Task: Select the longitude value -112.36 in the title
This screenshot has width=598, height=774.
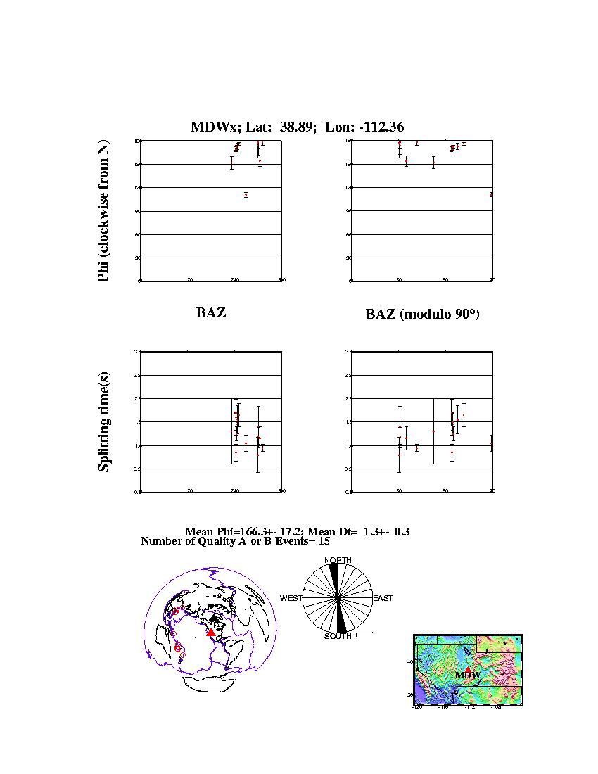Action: (378, 127)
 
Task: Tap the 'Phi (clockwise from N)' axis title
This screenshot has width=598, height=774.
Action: (104, 211)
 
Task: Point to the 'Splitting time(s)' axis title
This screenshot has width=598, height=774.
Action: (104, 421)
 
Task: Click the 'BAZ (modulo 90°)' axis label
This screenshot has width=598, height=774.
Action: (422, 315)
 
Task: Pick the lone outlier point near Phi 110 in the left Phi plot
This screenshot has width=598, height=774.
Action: (246, 195)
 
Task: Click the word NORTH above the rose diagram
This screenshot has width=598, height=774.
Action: (338, 560)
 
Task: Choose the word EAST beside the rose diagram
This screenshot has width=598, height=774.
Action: (383, 598)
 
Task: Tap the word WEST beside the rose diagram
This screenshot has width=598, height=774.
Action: (291, 598)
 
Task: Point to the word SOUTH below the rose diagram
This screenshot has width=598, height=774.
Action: (338, 637)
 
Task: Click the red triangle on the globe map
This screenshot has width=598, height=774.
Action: (210, 633)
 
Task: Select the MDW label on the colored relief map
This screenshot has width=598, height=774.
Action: (467, 675)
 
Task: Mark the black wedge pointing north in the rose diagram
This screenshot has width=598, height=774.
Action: (335, 580)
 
